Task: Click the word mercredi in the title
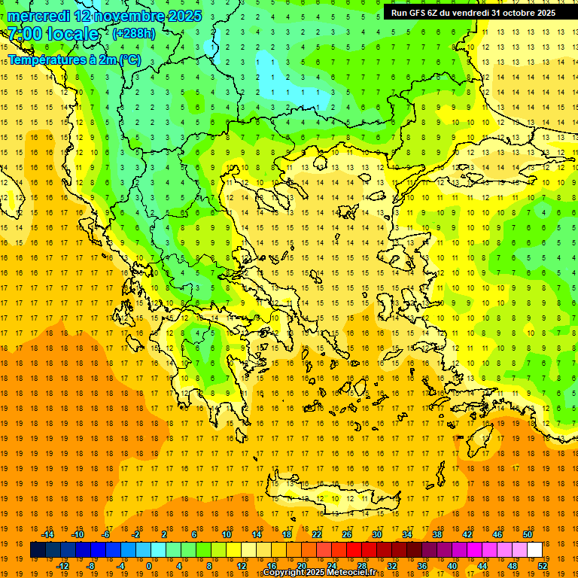(39, 16)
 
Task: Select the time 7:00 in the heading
(25, 34)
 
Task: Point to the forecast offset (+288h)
(134, 34)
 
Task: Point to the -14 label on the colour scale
(47, 534)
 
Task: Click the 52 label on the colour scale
(543, 566)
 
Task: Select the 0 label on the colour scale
(148, 566)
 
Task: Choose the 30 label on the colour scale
(377, 534)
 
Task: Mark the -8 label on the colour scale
(91, 566)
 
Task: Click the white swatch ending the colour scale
(534, 550)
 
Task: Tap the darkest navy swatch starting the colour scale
(38, 550)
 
